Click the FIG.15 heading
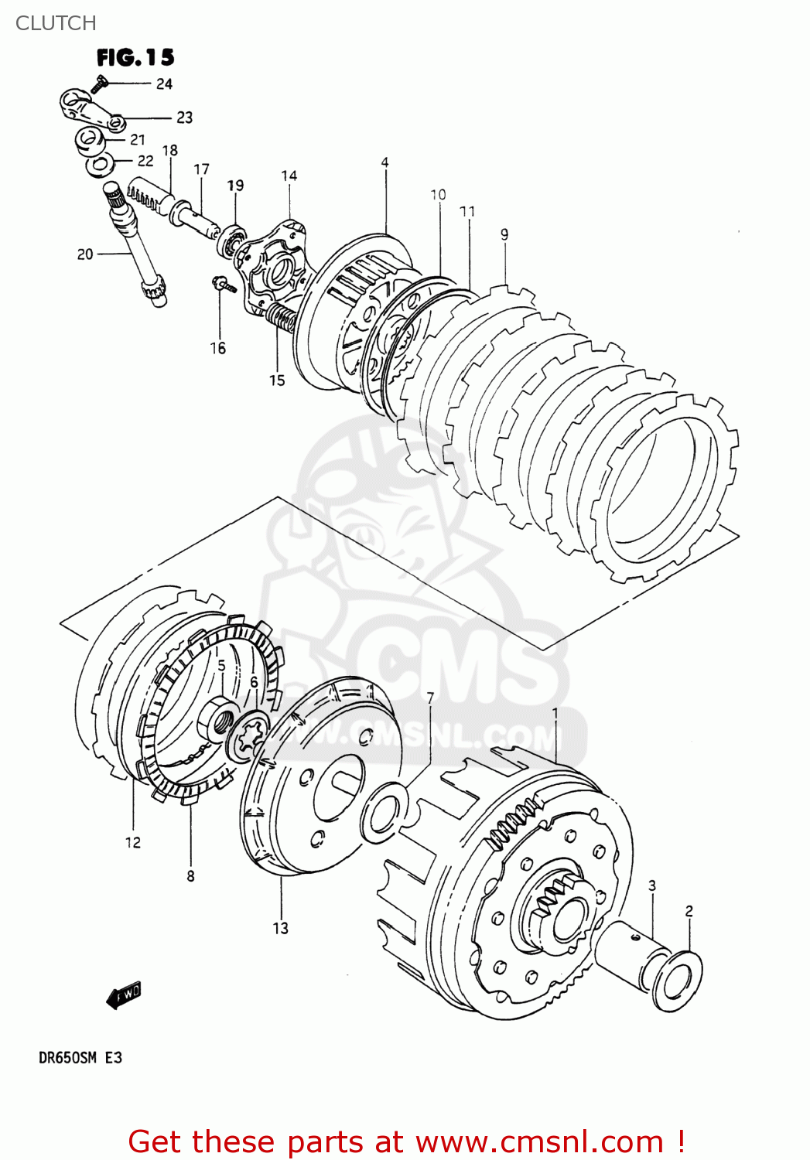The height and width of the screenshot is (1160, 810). click(135, 57)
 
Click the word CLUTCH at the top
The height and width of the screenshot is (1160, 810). click(56, 23)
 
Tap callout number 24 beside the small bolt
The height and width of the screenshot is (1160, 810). click(164, 84)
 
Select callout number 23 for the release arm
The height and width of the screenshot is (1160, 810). click(184, 118)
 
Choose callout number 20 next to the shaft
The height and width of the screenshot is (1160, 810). click(84, 254)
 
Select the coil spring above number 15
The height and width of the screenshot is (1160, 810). click(282, 317)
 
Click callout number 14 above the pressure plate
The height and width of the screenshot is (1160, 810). click(289, 176)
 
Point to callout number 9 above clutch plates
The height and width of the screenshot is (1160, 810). click(504, 234)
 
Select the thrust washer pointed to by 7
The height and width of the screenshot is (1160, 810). click(384, 810)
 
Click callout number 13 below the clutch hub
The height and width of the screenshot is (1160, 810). click(280, 928)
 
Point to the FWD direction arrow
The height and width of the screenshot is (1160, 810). click(124, 995)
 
